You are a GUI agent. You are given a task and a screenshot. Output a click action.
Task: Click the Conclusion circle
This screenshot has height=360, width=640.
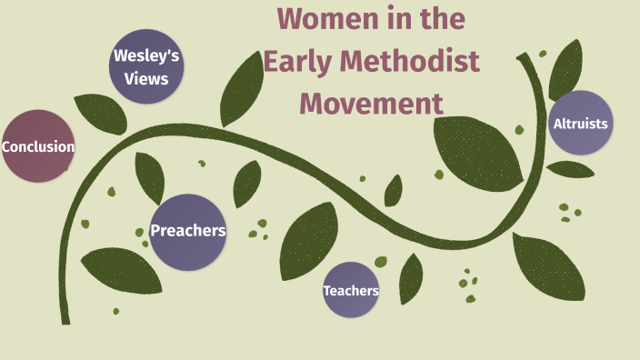(37, 146)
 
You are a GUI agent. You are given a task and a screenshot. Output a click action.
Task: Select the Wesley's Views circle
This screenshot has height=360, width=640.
(145, 66)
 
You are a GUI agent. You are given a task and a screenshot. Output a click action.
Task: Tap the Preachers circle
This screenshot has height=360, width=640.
(187, 231)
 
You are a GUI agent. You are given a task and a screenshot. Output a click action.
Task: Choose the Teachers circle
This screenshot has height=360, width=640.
(351, 290)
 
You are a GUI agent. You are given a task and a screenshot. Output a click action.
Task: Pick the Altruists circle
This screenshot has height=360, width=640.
(581, 123)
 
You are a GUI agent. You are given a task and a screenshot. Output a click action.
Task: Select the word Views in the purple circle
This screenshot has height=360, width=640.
(146, 78)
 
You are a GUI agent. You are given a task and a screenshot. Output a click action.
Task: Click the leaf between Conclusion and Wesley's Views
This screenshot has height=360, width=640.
(99, 113)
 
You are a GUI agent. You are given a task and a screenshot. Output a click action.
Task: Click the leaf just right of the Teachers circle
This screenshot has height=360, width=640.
(411, 278)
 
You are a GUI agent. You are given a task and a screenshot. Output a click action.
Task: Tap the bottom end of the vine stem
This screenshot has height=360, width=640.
(65, 319)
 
